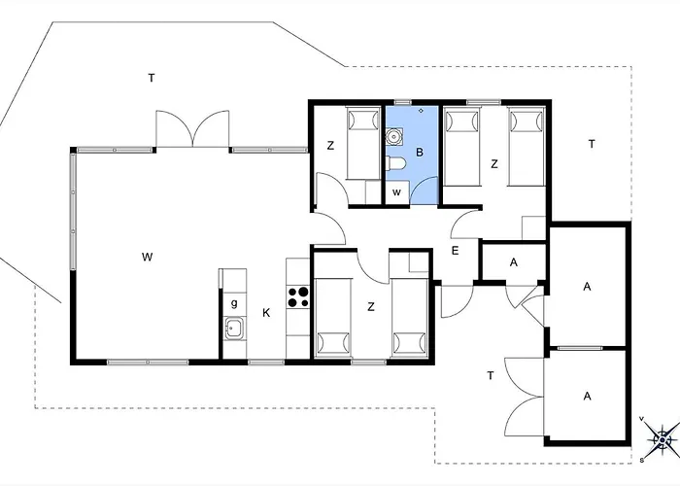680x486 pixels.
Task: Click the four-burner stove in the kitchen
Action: pos(298,296)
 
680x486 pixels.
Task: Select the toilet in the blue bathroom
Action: pos(396,164)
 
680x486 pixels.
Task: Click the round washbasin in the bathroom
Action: pos(394,137)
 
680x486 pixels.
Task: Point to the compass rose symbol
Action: pos(662,438)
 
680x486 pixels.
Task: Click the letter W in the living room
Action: pos(147,257)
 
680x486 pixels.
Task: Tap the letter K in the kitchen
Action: pos(266,312)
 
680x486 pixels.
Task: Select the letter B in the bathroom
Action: pos(420,153)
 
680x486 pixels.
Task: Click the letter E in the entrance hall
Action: pos(455,251)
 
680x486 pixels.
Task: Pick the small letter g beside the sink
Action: pos(234,303)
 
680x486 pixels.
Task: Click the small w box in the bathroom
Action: pos(397,192)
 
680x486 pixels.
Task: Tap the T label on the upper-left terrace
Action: pos(152,78)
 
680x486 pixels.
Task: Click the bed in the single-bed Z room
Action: pos(363,143)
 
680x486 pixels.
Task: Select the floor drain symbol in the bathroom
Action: pos(421,111)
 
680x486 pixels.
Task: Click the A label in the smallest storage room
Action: pos(514,262)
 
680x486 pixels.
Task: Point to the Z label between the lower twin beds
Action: pos(371,307)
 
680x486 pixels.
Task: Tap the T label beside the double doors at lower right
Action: pos(491,375)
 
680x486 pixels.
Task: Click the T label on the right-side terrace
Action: pos(592,144)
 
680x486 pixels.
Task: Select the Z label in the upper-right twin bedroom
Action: pos(494,164)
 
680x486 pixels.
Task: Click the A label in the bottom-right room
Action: pos(587,396)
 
